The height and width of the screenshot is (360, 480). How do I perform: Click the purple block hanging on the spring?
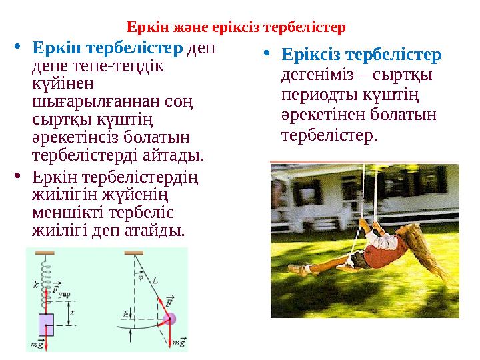[46, 325]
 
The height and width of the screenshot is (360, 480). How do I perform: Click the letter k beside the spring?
[35, 284]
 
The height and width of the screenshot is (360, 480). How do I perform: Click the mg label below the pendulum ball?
[178, 343]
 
